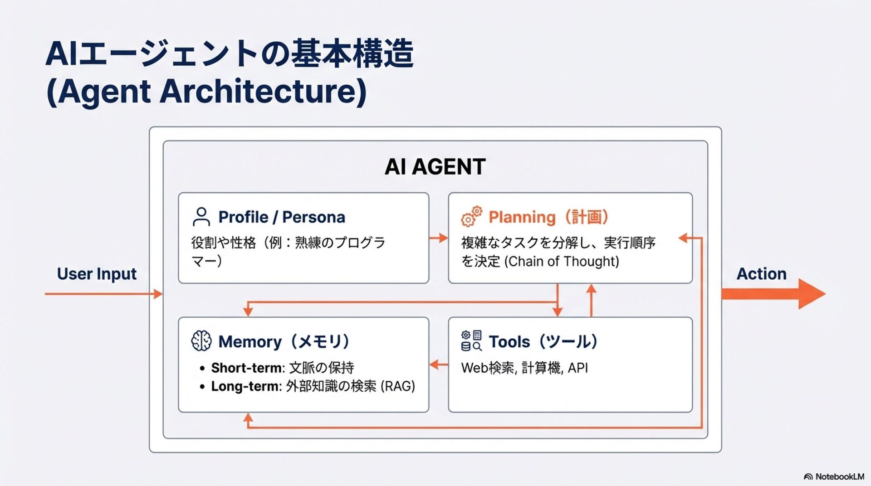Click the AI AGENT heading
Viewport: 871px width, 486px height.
435,167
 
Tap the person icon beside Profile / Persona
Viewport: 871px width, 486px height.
201,217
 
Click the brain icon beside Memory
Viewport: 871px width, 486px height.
201,341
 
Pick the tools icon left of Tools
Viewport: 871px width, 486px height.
471,341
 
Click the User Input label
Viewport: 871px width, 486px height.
97,274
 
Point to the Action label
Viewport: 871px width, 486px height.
761,274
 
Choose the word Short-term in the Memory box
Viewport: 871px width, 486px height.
247,368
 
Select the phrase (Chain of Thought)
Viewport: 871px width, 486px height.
562,262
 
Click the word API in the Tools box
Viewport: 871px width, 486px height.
578,368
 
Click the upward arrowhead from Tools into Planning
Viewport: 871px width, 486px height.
591,289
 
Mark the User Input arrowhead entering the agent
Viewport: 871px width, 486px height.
158,294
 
